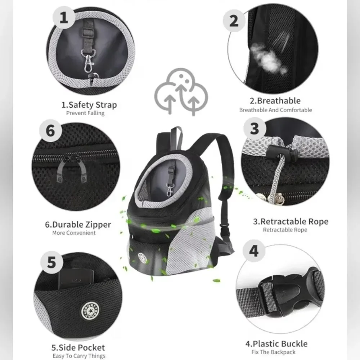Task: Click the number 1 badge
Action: click(64, 17)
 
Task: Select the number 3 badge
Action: click(255, 129)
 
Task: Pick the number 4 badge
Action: click(254, 251)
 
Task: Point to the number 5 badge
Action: click(51, 262)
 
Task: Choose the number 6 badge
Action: click(50, 131)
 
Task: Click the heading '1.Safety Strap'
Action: click(89, 105)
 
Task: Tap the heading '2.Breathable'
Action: click(275, 100)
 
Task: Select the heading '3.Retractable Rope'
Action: click(291, 221)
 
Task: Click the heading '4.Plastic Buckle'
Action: click(276, 344)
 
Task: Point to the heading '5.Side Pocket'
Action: click(78, 347)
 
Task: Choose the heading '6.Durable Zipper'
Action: click(78, 224)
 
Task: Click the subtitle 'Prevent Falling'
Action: click(85, 113)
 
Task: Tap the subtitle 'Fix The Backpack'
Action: click(273, 352)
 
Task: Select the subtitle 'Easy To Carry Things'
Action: click(79, 356)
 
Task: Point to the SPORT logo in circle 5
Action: click(90, 311)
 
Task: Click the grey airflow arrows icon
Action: click(181, 91)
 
